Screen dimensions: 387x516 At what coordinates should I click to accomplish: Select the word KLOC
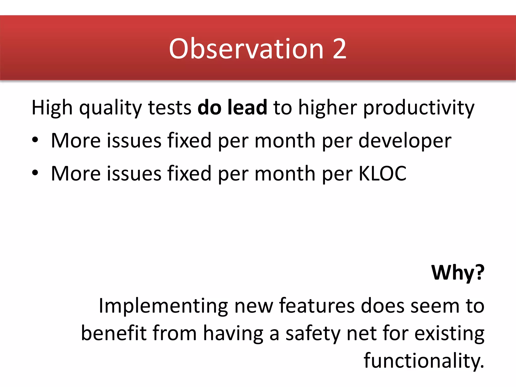coord(382,174)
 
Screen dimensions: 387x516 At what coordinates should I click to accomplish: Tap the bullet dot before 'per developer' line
coord(35,140)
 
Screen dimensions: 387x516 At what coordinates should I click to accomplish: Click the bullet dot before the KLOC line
coord(35,173)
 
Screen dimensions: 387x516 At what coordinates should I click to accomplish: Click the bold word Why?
coord(458,273)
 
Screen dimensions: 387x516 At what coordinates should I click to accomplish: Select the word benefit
coord(114,333)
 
